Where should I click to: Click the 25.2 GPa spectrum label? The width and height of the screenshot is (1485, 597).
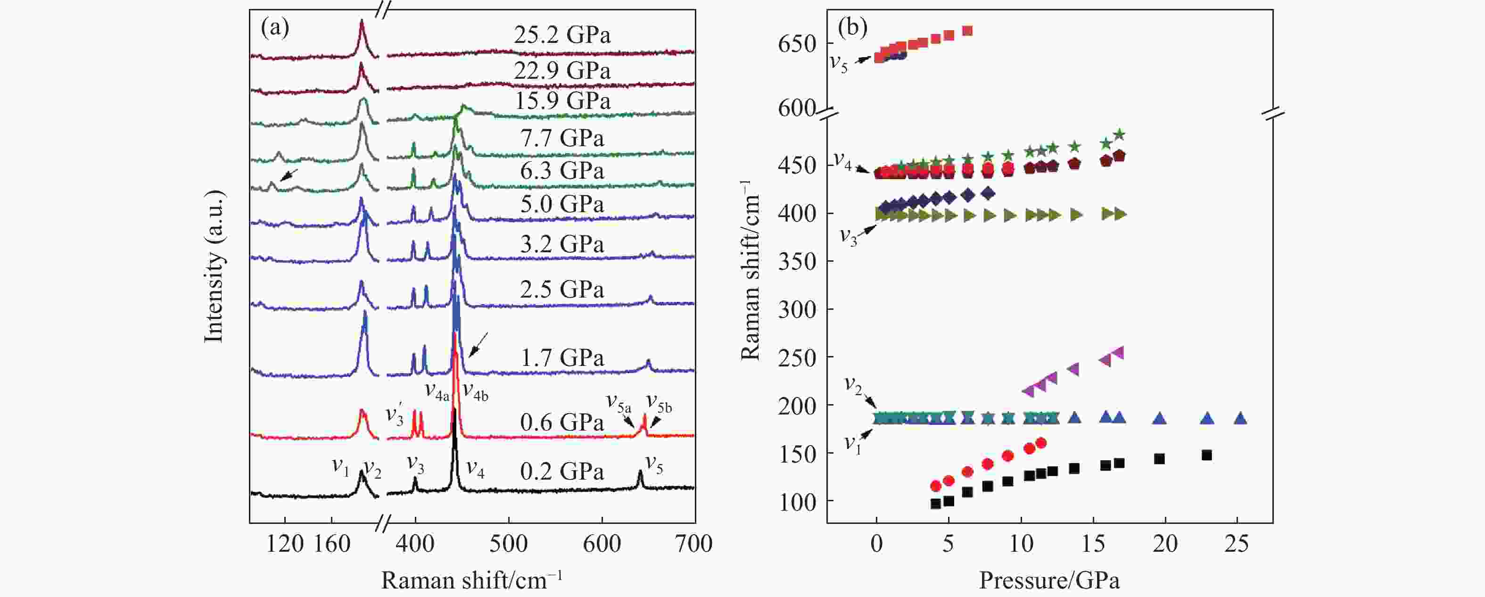tap(562, 36)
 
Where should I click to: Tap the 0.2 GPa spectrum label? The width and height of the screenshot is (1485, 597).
tap(562, 472)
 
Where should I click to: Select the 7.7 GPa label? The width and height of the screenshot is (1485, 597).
tap(562, 139)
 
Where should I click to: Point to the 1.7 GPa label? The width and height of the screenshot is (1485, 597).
tap(562, 358)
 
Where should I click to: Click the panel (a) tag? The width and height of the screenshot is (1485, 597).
tap(275, 27)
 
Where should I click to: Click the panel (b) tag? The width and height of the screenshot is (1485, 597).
tap(852, 27)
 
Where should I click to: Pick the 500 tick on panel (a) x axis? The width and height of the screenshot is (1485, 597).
tap(509, 543)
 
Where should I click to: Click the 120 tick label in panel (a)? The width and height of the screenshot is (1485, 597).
tap(285, 543)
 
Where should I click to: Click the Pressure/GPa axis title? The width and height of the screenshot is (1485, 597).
tap(1049, 580)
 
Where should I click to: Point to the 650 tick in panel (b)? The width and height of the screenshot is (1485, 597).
tap(797, 44)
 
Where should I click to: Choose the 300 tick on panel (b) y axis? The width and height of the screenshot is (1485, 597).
tap(797, 310)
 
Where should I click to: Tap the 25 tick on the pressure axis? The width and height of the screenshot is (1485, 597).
tap(1237, 543)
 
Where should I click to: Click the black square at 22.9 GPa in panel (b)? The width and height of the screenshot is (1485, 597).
tap(1206, 455)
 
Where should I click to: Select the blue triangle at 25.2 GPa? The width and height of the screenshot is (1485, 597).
tap(1241, 418)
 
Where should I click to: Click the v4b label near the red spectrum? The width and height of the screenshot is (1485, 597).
tap(476, 392)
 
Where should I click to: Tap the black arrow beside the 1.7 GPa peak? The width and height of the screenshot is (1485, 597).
tap(478, 344)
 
